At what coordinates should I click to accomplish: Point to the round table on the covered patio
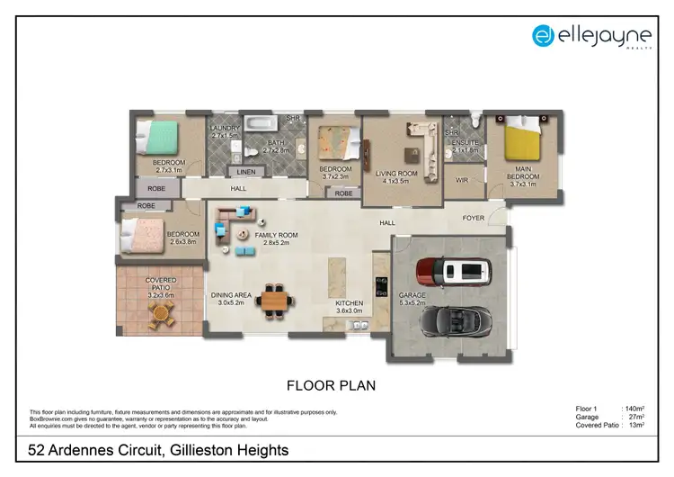click(x=160, y=313)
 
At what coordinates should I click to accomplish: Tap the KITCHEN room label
click(x=350, y=304)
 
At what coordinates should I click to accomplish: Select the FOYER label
click(x=473, y=218)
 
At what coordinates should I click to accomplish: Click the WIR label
click(x=464, y=179)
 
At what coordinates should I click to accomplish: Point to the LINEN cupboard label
click(x=244, y=172)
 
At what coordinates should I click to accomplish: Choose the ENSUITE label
click(x=466, y=143)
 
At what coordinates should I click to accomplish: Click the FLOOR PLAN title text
click(x=331, y=385)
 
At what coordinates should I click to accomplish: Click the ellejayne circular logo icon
click(x=542, y=35)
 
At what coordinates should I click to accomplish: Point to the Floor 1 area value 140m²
click(x=633, y=409)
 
